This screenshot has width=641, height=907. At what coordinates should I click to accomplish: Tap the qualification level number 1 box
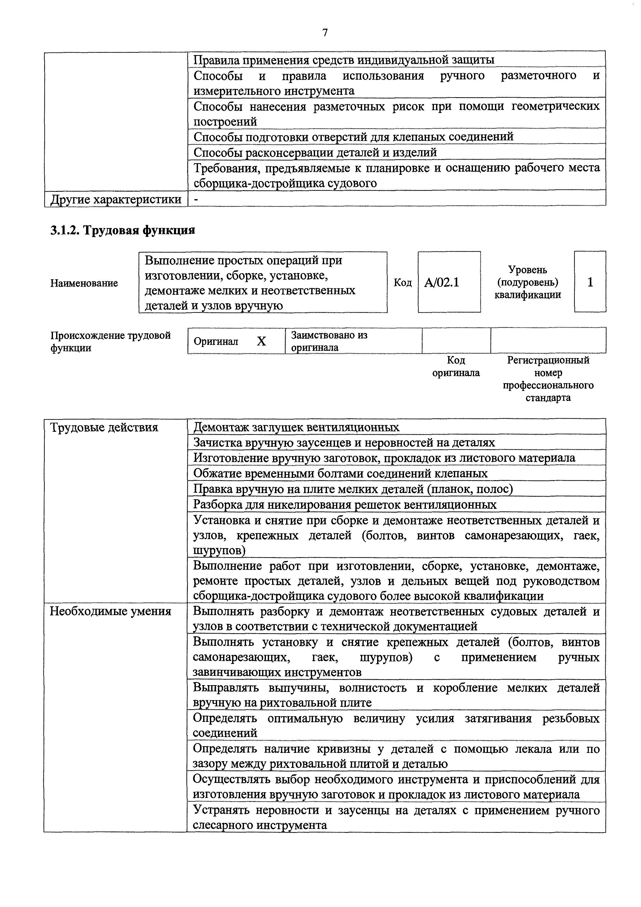click(590, 282)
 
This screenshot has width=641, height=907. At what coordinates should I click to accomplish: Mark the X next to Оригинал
click(262, 341)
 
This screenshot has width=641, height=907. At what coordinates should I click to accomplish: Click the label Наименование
click(84, 283)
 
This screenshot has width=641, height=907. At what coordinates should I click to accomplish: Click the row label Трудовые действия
click(104, 427)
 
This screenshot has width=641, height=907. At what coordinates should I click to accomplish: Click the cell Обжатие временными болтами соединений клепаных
click(340, 473)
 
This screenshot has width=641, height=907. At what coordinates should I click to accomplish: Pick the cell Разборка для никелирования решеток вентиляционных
click(344, 504)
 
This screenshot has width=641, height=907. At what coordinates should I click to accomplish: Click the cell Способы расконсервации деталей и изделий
click(315, 152)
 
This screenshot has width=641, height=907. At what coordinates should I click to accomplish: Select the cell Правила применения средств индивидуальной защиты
click(344, 60)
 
